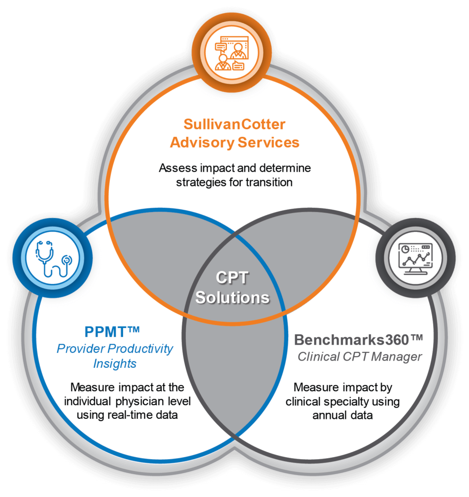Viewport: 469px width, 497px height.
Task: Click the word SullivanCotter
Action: click(x=234, y=124)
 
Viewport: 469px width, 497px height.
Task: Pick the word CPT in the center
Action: click(x=232, y=278)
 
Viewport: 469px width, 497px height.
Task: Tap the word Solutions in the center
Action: click(x=232, y=297)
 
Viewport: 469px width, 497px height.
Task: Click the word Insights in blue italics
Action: click(x=115, y=364)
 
